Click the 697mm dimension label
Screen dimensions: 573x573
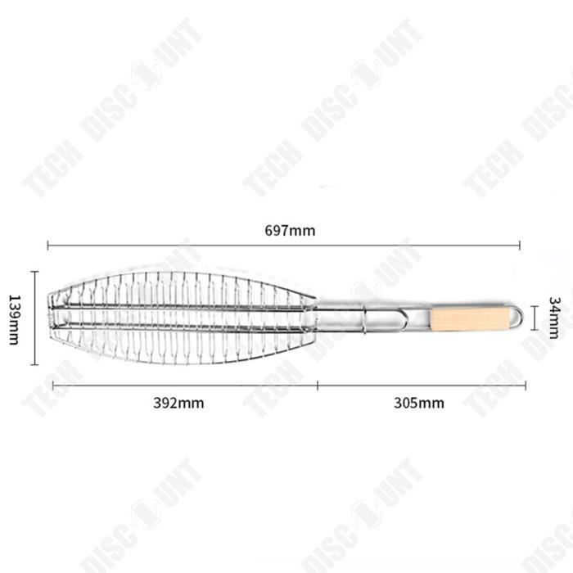click(x=290, y=231)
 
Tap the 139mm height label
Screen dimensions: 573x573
click(x=14, y=320)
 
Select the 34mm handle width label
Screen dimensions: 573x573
click(x=554, y=318)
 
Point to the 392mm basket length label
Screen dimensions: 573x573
click(x=178, y=403)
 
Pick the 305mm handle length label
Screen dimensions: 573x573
click(x=419, y=403)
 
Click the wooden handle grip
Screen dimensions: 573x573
click(x=470, y=318)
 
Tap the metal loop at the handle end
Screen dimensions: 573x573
click(x=516, y=317)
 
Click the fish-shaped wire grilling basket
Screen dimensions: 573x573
click(x=182, y=318)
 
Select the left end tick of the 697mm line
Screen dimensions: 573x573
click(x=48, y=246)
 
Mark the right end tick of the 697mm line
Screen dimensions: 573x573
click(x=520, y=246)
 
